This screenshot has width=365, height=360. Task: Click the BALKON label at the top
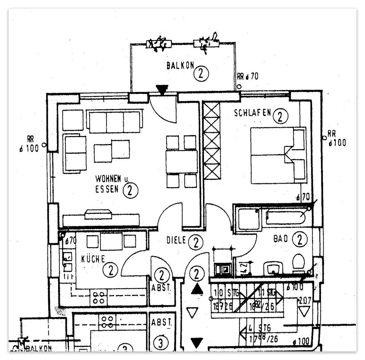180,65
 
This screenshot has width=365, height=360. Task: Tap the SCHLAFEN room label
252,113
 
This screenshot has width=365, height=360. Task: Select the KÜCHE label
93,259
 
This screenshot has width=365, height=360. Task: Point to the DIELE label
176,240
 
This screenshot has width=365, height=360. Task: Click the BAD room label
281,239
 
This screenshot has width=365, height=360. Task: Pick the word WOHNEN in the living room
108,178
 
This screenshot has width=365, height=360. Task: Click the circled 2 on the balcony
201,74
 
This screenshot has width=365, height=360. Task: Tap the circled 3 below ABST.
161,343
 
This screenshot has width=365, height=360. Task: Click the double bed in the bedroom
278,155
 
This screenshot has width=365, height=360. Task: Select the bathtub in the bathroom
286,217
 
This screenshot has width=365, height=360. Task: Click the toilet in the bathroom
299,262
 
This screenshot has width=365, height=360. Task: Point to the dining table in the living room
181,162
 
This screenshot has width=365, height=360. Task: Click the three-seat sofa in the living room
114,121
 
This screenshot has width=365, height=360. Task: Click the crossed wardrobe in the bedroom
212,141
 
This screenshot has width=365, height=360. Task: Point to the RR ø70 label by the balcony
248,76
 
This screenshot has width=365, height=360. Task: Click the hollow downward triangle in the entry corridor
193,313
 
